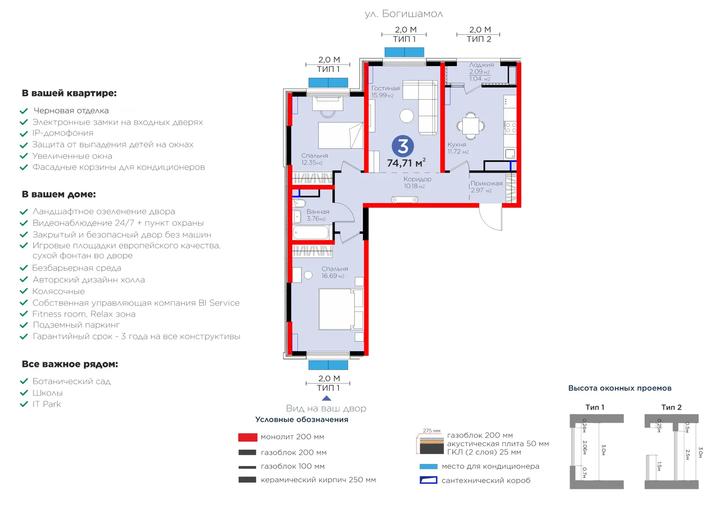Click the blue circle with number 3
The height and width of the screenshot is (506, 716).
pyautogui.click(x=403, y=146)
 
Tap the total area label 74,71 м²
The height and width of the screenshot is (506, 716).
pyautogui.click(x=406, y=163)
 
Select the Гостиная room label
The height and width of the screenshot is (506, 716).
pyautogui.click(x=385, y=88)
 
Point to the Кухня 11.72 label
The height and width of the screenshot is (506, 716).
pyautogui.click(x=458, y=148)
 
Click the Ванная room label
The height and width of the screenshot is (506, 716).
pyautogui.click(x=318, y=211)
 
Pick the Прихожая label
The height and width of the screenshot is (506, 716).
pyautogui.click(x=486, y=183)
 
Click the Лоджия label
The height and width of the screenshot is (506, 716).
pyautogui.click(x=482, y=64)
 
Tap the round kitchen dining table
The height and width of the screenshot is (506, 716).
pyautogui.click(x=470, y=126)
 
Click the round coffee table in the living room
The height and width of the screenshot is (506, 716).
pyautogui.click(x=407, y=116)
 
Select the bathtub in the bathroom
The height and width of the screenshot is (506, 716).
pyautogui.click(x=311, y=232)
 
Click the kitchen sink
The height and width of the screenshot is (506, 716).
pyautogui.click(x=510, y=154)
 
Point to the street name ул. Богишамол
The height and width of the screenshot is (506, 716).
pyautogui.click(x=404, y=14)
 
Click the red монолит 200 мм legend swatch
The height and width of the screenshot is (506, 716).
pyautogui.click(x=248, y=437)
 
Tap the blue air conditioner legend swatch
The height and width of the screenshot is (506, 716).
pyautogui.click(x=428, y=466)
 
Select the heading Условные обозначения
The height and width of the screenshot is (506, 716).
pyautogui.click(x=302, y=419)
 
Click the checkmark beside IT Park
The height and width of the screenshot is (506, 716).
pyautogui.click(x=24, y=404)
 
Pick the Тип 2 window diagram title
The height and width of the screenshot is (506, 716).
pyautogui.click(x=671, y=407)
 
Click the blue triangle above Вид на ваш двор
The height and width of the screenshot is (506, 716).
pyautogui.click(x=326, y=398)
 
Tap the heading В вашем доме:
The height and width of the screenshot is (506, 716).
pyautogui.click(x=59, y=194)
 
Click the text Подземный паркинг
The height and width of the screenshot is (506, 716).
pyautogui.click(x=76, y=325)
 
